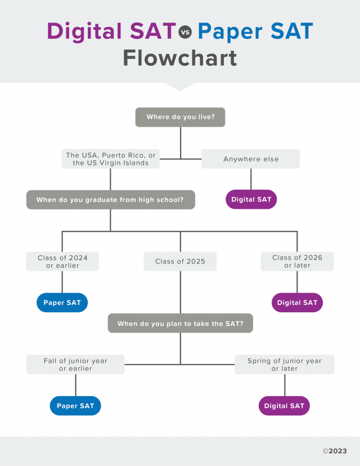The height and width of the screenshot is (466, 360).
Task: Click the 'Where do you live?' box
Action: pos(180,117)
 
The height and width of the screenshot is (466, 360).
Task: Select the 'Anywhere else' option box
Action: pos(251,159)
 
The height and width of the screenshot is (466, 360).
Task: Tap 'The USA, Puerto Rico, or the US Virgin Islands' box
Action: pos(110,159)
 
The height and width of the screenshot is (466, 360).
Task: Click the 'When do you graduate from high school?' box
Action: pos(110,200)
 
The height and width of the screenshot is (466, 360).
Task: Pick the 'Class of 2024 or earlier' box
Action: pos(62,262)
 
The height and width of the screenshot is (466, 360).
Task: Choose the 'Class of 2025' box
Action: pos(180,262)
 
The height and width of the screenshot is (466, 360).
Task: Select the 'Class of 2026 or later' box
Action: pos(297,262)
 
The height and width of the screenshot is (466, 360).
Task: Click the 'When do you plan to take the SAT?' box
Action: pos(180,324)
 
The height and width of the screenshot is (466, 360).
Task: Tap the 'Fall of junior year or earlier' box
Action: pos(75,365)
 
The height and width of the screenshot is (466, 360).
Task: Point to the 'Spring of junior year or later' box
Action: pos(285,365)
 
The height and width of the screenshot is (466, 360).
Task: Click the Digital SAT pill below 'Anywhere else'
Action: pos(251,200)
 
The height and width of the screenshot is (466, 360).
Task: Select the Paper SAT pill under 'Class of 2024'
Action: pos(62,303)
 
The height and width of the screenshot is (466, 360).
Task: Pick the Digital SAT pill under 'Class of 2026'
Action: pos(297,303)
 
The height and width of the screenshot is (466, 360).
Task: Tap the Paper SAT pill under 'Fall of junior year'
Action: pos(75,406)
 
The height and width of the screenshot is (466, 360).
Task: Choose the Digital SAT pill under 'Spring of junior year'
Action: pos(284,406)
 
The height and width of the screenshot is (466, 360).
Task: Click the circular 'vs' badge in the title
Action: pos(185,33)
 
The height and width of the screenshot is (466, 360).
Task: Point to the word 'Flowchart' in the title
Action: pos(180,58)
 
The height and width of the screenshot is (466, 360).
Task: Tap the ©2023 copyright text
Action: pos(335,451)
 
